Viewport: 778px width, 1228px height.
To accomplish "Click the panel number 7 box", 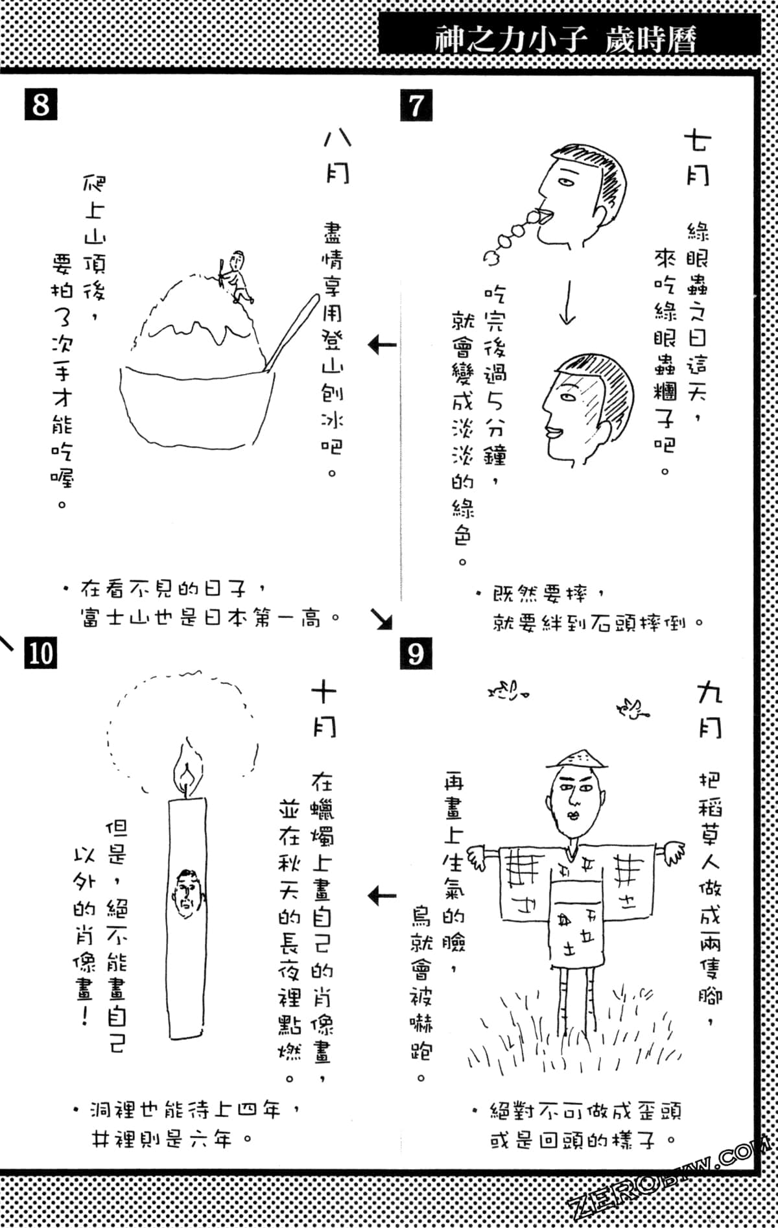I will [x=416, y=105].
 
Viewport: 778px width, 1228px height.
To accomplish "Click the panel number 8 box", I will [x=40, y=104].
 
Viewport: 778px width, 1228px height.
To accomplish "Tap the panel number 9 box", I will [x=416, y=652].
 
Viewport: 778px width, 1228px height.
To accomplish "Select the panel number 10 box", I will [x=40, y=652].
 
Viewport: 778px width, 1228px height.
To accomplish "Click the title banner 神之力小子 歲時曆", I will [x=567, y=40].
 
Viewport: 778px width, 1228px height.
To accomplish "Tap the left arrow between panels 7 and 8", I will [x=382, y=344].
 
